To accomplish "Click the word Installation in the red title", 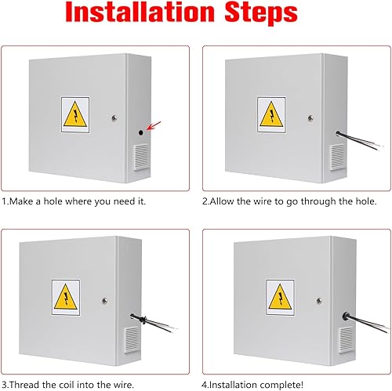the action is pyautogui.click(x=140, y=12).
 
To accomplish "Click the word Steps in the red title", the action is pyautogui.click(x=261, y=13).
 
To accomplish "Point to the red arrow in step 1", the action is pyautogui.click(x=154, y=125).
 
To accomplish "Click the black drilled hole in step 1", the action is pyautogui.click(x=141, y=132).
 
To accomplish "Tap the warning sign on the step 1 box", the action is pyautogui.click(x=75, y=114).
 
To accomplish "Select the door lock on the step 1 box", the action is pyautogui.click(x=114, y=118).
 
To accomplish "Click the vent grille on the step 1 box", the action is pyautogui.click(x=141, y=157).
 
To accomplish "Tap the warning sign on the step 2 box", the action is pyautogui.click(x=271, y=114).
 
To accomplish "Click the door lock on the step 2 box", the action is pyautogui.click(x=310, y=118).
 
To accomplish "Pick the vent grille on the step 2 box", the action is pyautogui.click(x=337, y=157).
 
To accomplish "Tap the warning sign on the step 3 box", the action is pyautogui.click(x=66, y=297).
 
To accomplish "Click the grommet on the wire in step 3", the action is pyautogui.click(x=143, y=320).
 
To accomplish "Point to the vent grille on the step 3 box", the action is pyautogui.click(x=132, y=339).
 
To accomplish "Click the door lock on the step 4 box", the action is pyautogui.click(x=319, y=301).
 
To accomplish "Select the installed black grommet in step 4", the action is pyautogui.click(x=346, y=316).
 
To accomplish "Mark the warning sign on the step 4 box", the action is pyautogui.click(x=280, y=297).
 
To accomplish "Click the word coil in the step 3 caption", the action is pyautogui.click(x=67, y=385).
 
